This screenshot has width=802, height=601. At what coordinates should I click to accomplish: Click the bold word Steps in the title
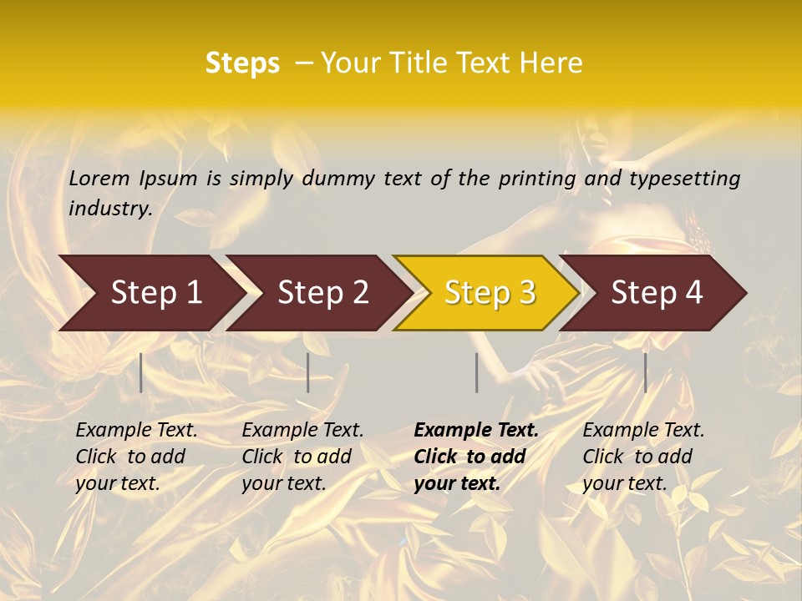(x=242, y=63)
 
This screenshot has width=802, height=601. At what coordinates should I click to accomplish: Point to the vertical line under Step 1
(x=141, y=372)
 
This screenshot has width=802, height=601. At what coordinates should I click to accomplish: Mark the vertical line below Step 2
(x=308, y=372)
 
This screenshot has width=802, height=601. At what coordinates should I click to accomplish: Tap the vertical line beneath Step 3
(x=476, y=372)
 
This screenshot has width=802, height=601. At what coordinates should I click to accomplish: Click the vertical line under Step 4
(x=645, y=372)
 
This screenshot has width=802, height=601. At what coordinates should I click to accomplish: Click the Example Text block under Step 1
(x=136, y=457)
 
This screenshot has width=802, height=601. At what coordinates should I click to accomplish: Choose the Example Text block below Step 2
(x=302, y=457)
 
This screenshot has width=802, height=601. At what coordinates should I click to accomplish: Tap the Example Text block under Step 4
(x=643, y=457)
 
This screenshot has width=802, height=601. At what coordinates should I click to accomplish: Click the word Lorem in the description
(x=99, y=179)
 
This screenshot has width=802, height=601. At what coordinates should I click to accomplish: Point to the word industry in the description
(x=110, y=209)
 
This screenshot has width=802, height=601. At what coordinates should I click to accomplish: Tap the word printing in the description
(x=537, y=179)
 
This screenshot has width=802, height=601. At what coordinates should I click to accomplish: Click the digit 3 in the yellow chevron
(x=525, y=292)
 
